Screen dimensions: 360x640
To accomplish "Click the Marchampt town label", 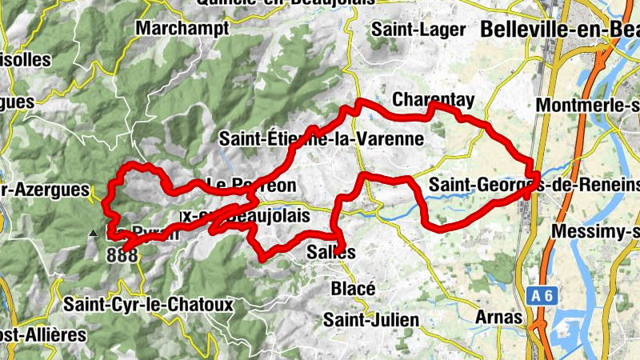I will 182,29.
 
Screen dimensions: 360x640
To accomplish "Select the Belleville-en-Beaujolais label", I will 560,30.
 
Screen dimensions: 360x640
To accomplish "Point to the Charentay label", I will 434,100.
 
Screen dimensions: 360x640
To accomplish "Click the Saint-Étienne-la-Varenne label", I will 322,138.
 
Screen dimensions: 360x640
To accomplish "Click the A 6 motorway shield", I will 542,296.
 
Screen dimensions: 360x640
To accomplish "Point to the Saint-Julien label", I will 370,319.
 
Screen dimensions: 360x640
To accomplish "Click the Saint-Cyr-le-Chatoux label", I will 148,304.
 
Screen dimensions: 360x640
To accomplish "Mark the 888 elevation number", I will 122,254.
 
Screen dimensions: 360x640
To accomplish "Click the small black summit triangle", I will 94,234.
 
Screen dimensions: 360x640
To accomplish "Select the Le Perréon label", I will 252,186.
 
